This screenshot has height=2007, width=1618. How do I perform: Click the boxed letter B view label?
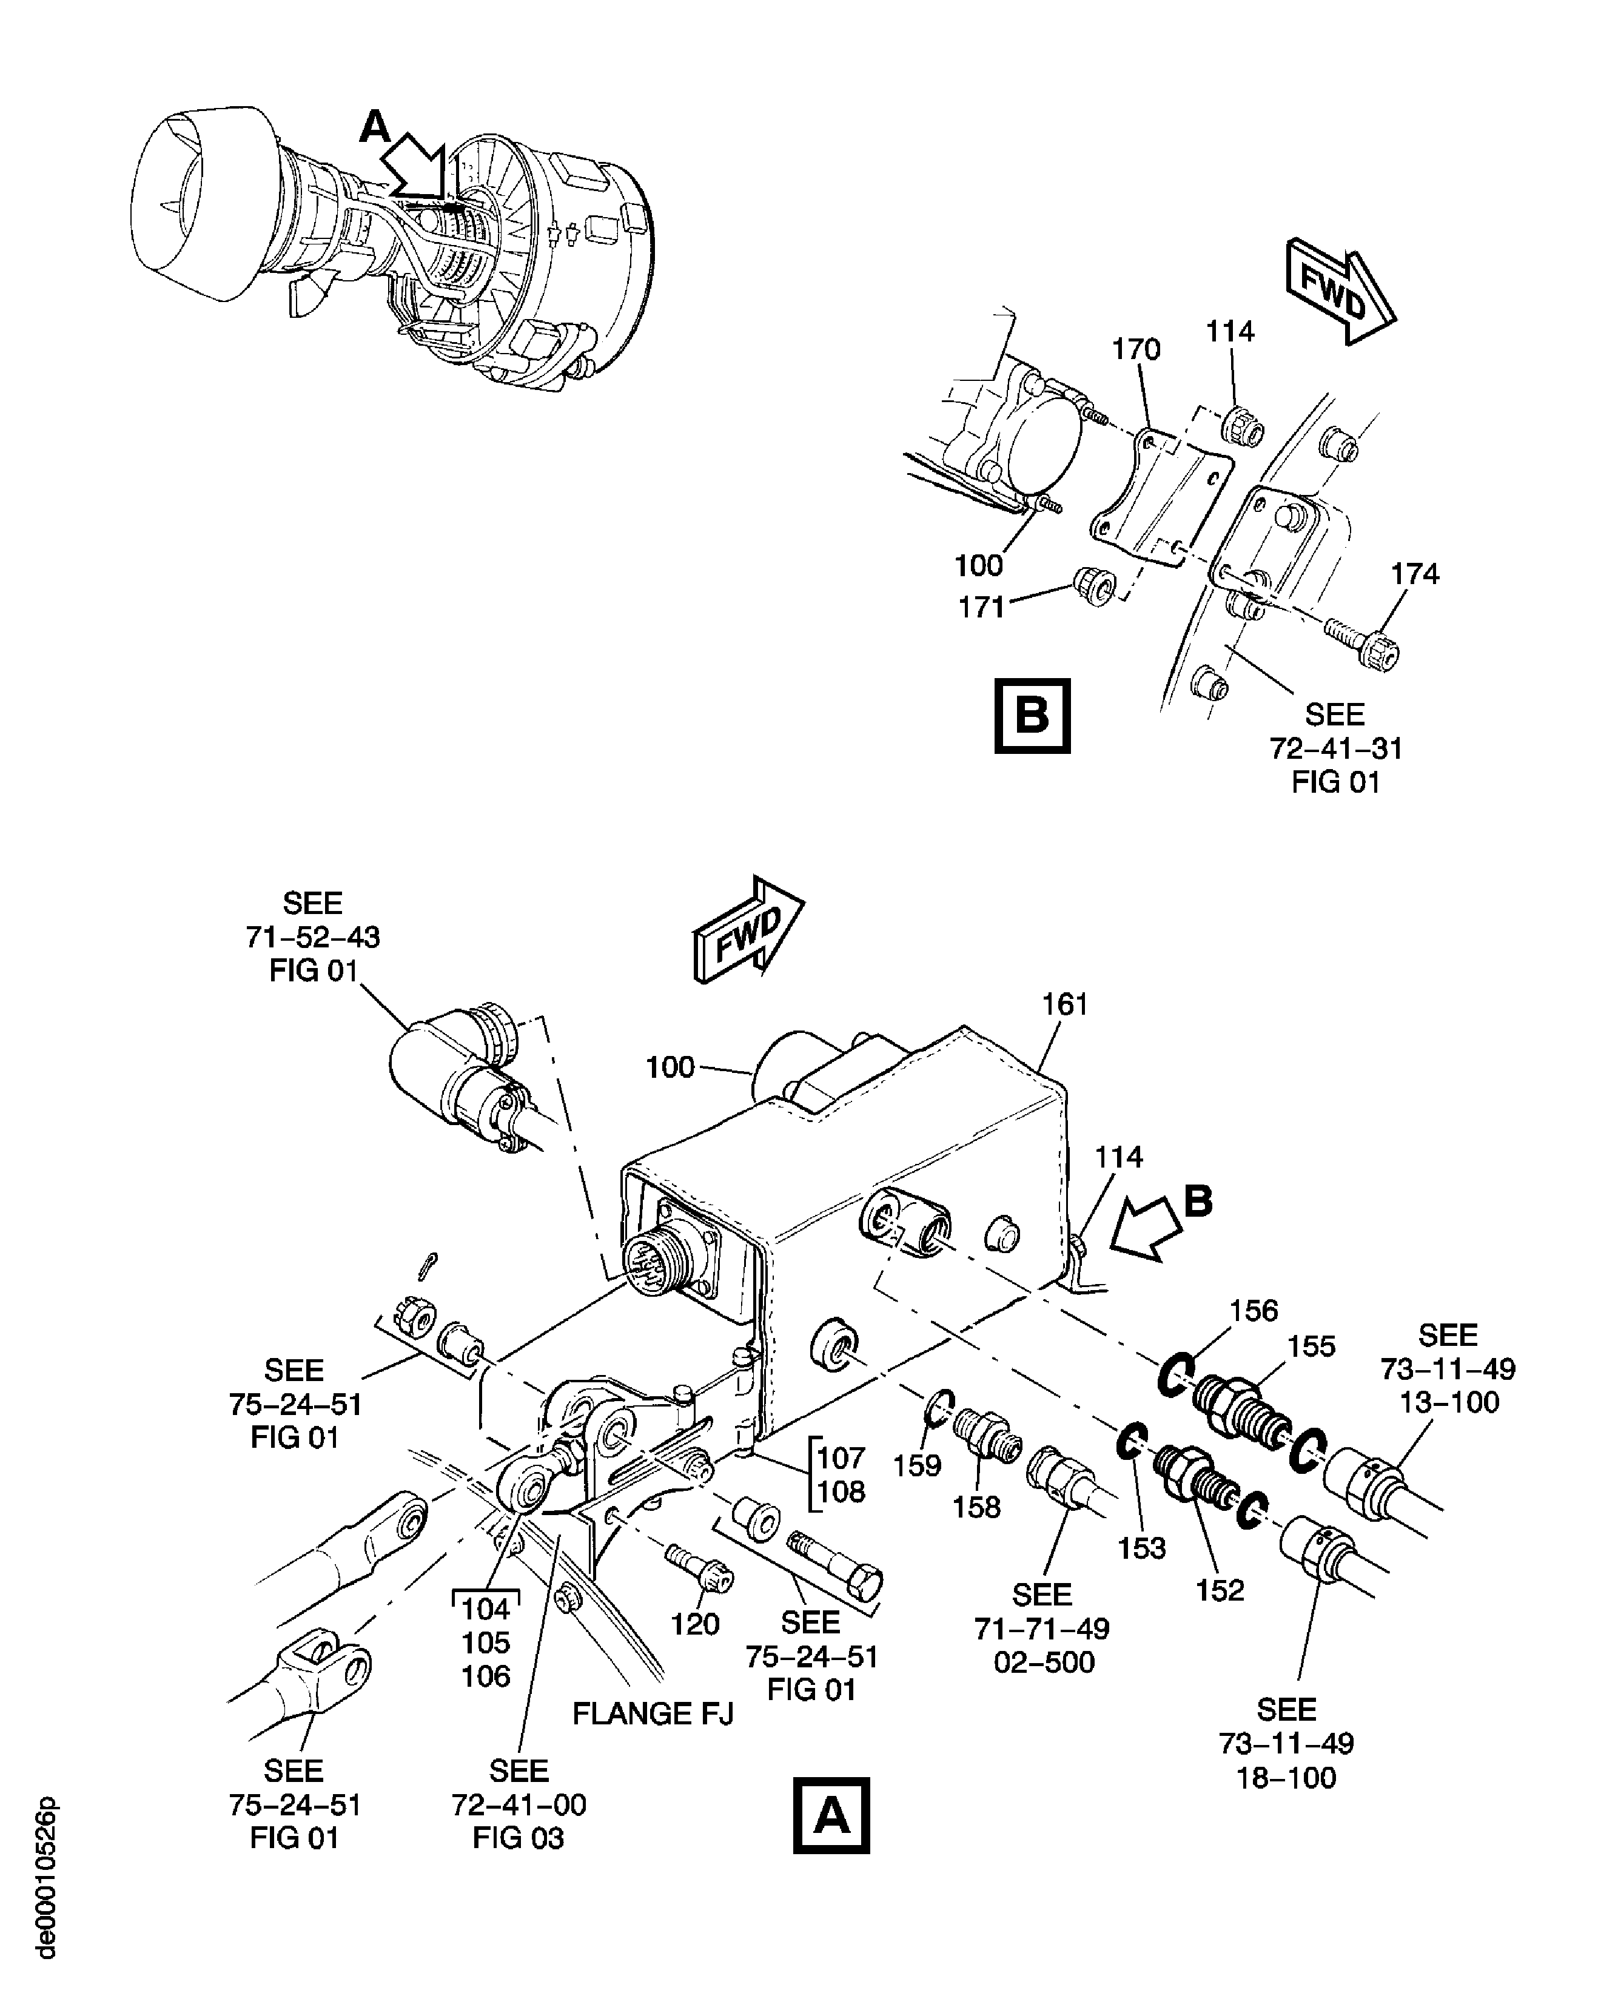tap(1032, 716)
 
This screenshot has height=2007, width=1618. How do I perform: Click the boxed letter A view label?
tap(831, 1815)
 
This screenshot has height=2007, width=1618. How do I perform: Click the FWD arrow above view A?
tap(748, 929)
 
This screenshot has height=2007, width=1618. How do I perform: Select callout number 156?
tap(1254, 1311)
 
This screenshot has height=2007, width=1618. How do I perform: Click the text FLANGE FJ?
tap(653, 1714)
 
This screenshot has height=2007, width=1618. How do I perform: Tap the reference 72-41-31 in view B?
tap(1335, 748)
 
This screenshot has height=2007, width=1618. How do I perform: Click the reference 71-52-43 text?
tap(312, 937)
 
